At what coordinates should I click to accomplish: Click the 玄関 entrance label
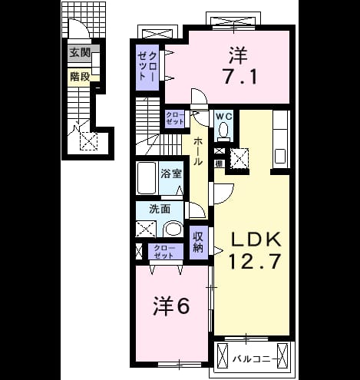pos(80,53)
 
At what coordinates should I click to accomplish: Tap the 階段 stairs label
pos(80,77)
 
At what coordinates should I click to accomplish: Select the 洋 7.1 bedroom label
pos(239,65)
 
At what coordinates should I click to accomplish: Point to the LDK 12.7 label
pos(255,250)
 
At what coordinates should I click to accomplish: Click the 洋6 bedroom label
pos(172,306)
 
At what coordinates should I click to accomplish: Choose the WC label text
pos(224,117)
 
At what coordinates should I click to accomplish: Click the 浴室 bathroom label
pos(171,173)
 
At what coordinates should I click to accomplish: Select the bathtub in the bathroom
pos(147,178)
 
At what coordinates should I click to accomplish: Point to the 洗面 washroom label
pos(160,209)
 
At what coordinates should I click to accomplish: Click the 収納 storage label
pos(198,242)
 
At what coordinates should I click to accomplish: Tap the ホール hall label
pos(198,151)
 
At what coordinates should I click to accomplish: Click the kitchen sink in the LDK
pos(280,156)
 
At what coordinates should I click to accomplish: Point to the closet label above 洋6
pos(164,252)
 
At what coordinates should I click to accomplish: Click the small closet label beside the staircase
pos(175,118)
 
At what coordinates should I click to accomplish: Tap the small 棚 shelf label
pos(220,164)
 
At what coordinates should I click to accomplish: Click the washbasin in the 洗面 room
pos(173,229)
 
